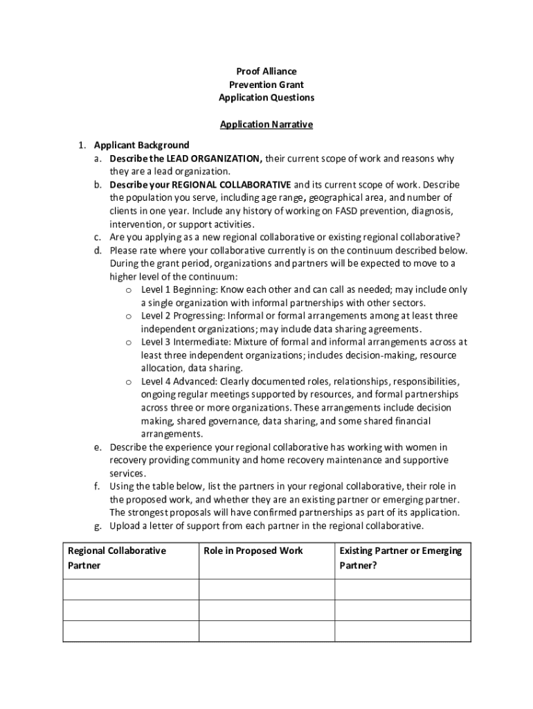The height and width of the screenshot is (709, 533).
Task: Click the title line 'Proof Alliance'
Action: click(266, 72)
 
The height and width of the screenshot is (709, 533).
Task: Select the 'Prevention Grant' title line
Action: click(266, 85)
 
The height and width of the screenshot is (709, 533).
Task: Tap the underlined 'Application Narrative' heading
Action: click(266, 125)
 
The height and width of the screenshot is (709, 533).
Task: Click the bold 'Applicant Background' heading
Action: click(141, 145)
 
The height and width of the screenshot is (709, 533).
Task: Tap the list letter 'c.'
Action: click(99, 237)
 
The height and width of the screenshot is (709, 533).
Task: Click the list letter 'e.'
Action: click(99, 447)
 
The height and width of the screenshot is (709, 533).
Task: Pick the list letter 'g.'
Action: click(99, 526)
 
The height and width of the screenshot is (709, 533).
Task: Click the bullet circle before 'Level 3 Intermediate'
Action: click(129, 343)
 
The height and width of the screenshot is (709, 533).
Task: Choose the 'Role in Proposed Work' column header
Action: click(253, 551)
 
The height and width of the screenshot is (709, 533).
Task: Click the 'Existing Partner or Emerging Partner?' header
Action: click(400, 558)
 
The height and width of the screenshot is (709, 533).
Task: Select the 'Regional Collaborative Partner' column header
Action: click(116, 558)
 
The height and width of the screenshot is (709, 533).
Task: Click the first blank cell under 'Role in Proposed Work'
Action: click(267, 589)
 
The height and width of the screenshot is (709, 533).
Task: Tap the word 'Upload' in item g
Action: click(125, 526)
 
